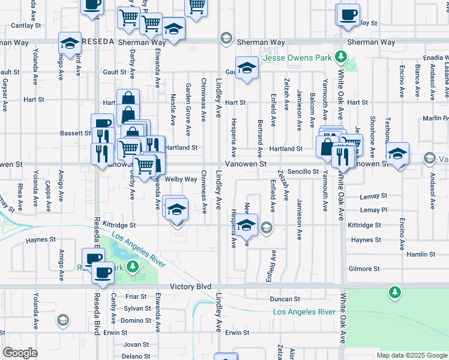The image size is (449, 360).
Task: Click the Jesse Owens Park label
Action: coord(296,59)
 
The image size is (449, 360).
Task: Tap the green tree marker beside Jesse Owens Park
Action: coord(341,57)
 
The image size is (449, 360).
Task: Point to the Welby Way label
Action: coord(181,179)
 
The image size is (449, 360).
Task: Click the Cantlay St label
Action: coord(25,26)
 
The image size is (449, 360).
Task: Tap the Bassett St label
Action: coord(75,133)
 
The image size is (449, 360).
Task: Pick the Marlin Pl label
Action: coord(435,118)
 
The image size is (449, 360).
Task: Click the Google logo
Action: coord(19,353)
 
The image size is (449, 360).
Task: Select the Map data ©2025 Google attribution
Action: coord(411,355)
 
